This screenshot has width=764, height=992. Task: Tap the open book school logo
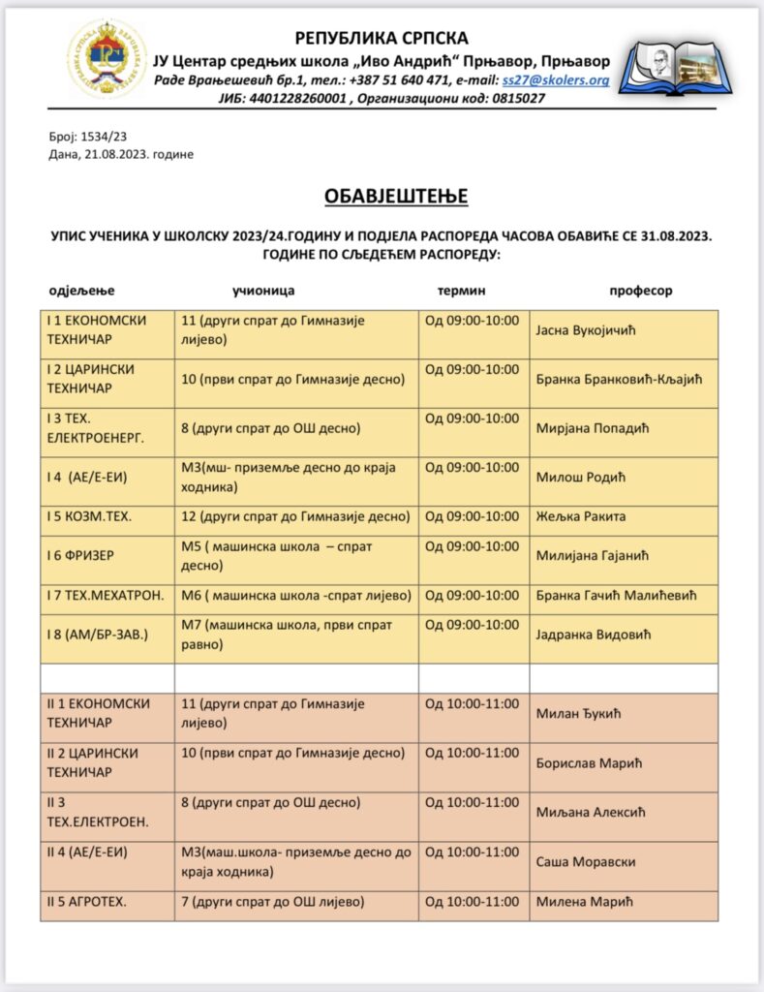[670, 63]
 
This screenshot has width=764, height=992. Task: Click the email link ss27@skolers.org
[555, 80]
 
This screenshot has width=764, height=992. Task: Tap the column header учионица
[263, 291]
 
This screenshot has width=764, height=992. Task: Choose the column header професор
[640, 291]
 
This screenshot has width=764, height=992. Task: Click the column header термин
[462, 291]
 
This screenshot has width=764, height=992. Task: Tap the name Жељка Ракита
[580, 516]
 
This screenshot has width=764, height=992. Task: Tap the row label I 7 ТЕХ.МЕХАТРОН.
[104, 595]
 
